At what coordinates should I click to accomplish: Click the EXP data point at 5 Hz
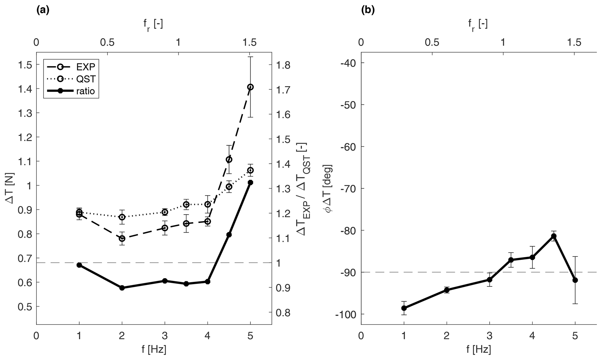250,87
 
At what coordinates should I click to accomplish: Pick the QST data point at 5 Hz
250,170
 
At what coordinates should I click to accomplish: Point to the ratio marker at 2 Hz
122,288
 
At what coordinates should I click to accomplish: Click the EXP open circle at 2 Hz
122,239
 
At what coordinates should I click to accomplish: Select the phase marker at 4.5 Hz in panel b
554,236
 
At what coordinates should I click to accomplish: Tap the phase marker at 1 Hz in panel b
404,308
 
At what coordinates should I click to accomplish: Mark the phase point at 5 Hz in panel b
575,280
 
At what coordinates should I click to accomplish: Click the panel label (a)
43,10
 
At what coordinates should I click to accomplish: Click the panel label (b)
368,10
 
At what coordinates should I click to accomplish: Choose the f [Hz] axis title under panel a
154,349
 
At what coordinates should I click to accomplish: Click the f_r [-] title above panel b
478,24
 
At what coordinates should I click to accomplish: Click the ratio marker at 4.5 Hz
229,235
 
